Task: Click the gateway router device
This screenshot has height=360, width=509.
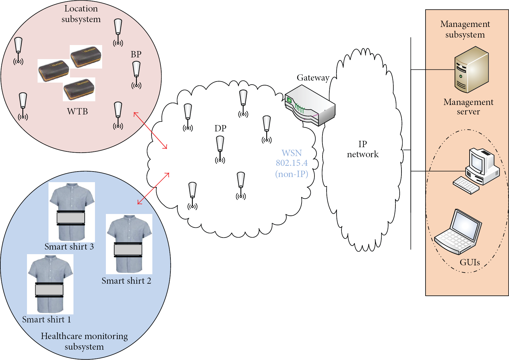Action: (x=310, y=105)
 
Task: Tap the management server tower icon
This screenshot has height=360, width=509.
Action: (x=471, y=69)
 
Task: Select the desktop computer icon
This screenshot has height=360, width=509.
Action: (x=476, y=171)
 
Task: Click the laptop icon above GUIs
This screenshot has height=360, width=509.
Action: (x=458, y=232)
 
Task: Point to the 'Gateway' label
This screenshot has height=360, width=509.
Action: (x=313, y=78)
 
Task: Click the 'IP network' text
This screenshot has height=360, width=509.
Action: (x=363, y=149)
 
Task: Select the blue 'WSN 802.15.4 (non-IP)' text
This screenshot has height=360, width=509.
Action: (x=292, y=163)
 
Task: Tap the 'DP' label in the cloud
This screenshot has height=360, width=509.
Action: (x=220, y=128)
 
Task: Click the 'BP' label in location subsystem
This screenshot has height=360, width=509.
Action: (x=136, y=54)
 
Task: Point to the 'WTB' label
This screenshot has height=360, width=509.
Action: (x=77, y=111)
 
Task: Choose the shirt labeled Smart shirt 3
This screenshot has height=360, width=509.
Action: (x=72, y=212)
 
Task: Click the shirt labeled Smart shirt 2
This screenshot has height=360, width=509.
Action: (x=129, y=244)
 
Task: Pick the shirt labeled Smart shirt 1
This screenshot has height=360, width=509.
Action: (x=50, y=284)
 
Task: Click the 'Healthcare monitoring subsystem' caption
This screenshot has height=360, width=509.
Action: (x=84, y=341)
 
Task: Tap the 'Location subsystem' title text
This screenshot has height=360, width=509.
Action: (x=81, y=14)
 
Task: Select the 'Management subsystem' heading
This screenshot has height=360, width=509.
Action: (x=465, y=29)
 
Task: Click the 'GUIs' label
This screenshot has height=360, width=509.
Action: (x=470, y=262)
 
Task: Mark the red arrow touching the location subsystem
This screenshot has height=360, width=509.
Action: (x=150, y=131)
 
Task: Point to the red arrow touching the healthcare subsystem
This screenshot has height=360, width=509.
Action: (x=153, y=188)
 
